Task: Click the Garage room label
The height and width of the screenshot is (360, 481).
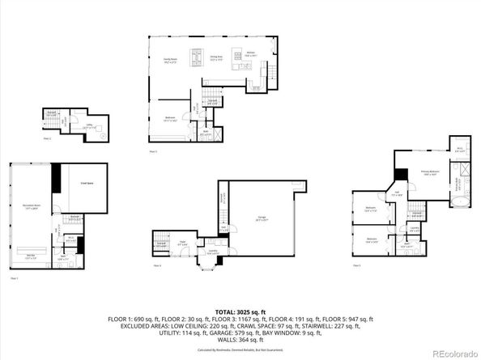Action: pyautogui.click(x=262, y=219)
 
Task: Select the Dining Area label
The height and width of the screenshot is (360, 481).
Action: pyautogui.click(x=216, y=59)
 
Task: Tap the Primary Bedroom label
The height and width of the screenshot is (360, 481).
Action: pyautogui.click(x=429, y=173)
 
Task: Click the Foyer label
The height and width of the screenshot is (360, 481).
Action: pyautogui.click(x=183, y=242)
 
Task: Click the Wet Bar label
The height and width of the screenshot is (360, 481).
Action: pyautogui.click(x=31, y=256)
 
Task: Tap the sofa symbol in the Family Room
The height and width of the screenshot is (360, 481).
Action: pyautogui.click(x=196, y=57)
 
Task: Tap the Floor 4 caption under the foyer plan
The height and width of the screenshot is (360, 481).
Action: pyautogui.click(x=158, y=265)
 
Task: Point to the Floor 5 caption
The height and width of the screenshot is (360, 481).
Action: pyautogui.click(x=356, y=265)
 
